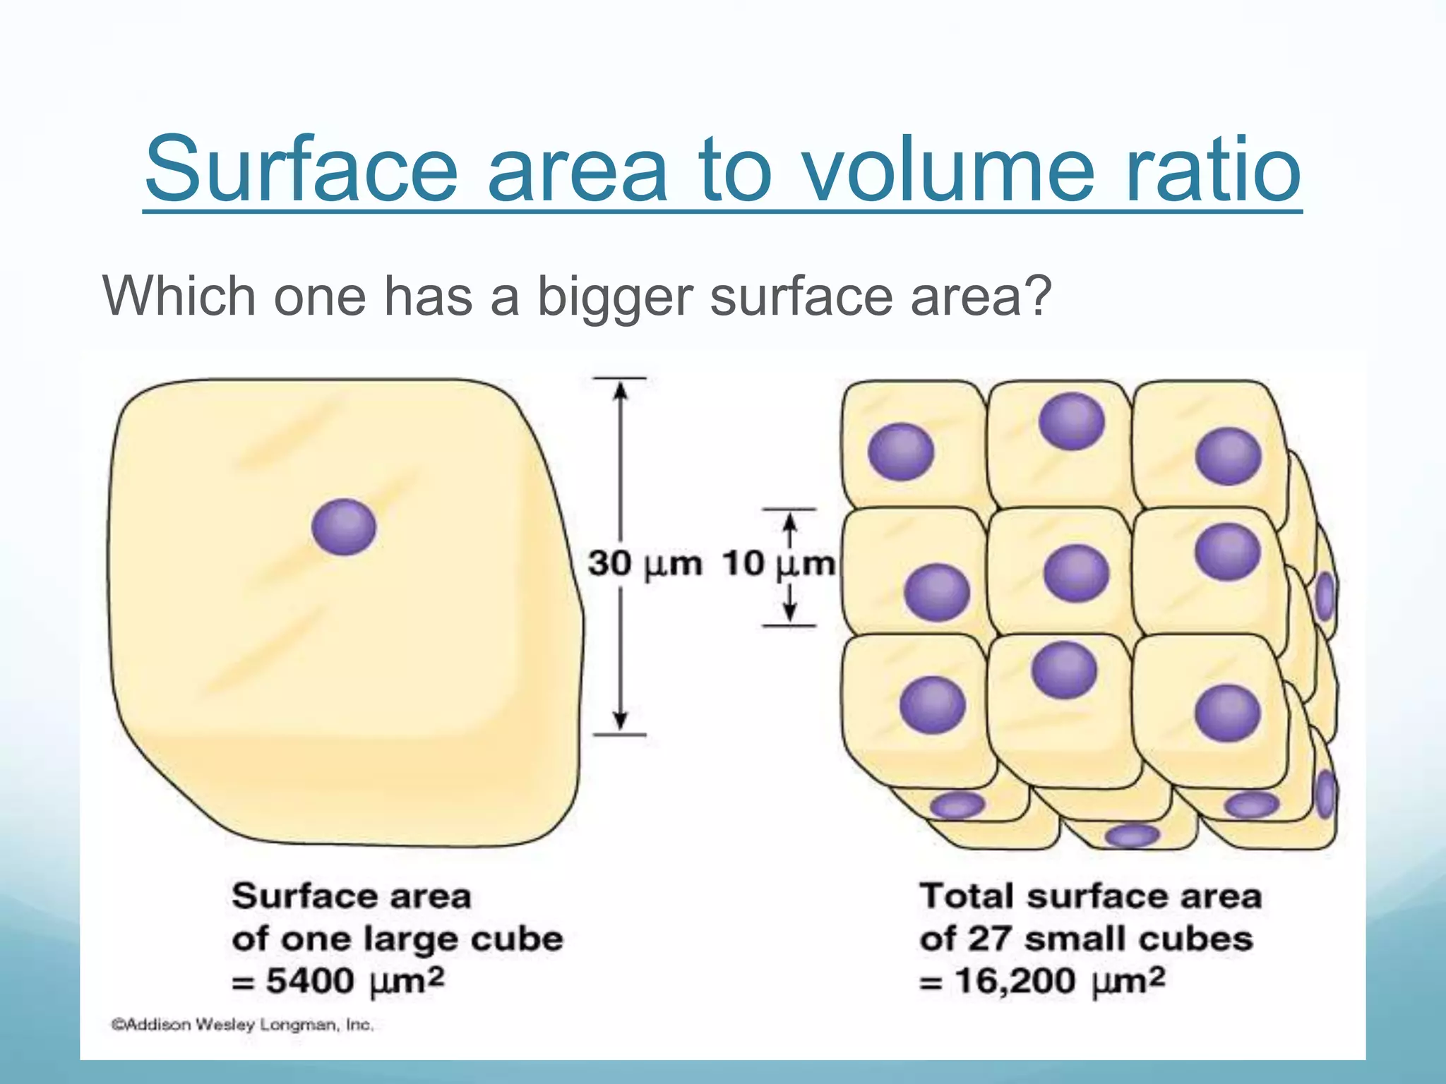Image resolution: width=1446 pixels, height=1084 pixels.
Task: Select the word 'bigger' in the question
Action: [x=614, y=296]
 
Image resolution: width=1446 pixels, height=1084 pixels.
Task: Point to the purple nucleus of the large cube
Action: [x=344, y=526]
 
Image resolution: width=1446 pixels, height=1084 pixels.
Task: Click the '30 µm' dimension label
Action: [x=645, y=564]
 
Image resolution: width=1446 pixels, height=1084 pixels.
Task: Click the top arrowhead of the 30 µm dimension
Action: [x=620, y=390]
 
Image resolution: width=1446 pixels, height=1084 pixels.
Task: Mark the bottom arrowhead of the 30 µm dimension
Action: [x=620, y=721]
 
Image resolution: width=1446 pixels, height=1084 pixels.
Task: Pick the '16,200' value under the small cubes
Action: [x=1015, y=981]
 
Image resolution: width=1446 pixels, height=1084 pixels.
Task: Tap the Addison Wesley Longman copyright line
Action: [x=242, y=1025]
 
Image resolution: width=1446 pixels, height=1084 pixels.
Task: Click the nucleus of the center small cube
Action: [x=1076, y=572]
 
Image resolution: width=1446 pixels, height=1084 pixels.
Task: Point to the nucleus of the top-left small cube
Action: [x=900, y=452]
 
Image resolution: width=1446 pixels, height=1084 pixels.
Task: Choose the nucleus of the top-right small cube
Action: [x=1229, y=456]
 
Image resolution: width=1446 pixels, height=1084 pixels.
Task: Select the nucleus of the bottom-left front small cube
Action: [x=932, y=704]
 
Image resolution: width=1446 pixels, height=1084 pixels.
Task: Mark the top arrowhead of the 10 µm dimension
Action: [x=791, y=521]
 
